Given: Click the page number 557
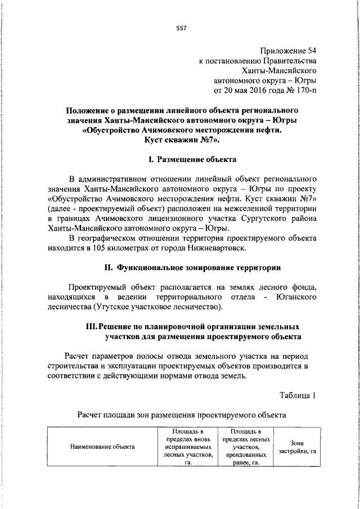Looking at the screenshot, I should [x=180, y=28].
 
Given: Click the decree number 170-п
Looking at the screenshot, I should [x=303, y=91].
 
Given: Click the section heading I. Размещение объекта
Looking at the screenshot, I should [x=180, y=160].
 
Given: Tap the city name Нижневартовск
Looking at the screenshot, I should [x=213, y=249].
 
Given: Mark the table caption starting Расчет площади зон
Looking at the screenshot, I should [x=182, y=415].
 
